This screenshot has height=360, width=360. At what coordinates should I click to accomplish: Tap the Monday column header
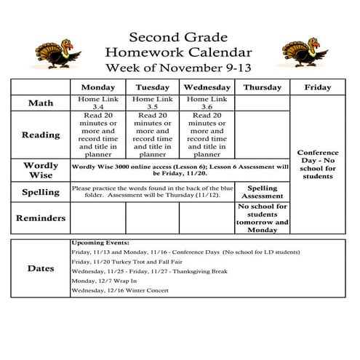tap(97, 87)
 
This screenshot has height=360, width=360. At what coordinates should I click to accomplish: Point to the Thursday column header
tap(262, 87)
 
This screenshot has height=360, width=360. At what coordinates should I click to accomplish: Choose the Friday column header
tap(317, 87)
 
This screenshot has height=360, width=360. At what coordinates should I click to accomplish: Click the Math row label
tap(40, 103)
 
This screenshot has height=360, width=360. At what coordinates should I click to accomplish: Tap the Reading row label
tap(40, 135)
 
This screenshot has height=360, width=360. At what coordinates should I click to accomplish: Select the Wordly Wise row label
tap(40, 170)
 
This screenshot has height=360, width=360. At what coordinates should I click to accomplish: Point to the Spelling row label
tap(40, 192)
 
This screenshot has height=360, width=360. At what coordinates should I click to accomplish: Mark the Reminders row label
tap(40, 218)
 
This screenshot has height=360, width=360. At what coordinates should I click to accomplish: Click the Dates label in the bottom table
tap(40, 268)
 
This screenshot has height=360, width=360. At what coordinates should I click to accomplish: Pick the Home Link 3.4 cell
tap(97, 103)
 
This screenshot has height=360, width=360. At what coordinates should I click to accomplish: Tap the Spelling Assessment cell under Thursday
tap(262, 192)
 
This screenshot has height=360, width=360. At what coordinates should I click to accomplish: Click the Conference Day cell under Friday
tap(317, 164)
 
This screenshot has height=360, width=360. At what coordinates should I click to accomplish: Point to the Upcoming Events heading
tap(100, 242)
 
